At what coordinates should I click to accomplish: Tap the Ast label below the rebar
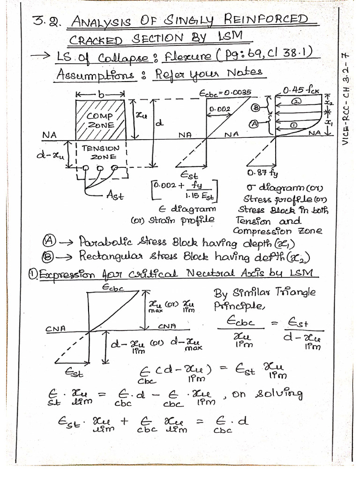(115, 196)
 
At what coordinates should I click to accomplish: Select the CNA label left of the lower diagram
(55, 329)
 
